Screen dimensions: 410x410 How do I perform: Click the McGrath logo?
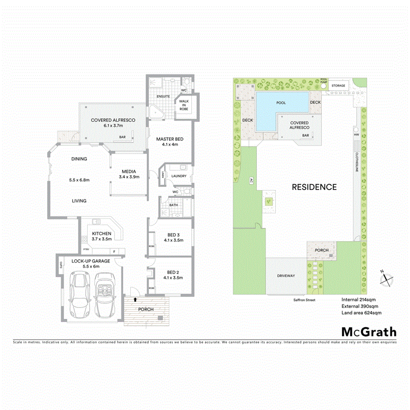(x=369, y=332)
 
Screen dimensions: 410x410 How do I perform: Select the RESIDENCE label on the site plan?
(x=315, y=187)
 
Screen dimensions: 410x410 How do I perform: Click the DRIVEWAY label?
(x=286, y=276)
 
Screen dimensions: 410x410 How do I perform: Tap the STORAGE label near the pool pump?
(x=338, y=85)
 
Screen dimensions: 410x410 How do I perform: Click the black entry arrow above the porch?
(x=135, y=299)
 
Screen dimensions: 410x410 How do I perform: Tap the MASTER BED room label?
(x=170, y=139)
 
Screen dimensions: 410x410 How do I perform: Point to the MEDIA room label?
(x=129, y=171)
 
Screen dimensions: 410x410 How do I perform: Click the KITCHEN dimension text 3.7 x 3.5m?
(x=102, y=239)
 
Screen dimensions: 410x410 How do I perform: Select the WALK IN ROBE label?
(x=183, y=105)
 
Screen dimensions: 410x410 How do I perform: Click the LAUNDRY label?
(x=179, y=176)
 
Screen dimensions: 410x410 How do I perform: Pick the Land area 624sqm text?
(x=361, y=313)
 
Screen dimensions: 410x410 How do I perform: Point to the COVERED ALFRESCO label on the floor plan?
(x=113, y=120)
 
